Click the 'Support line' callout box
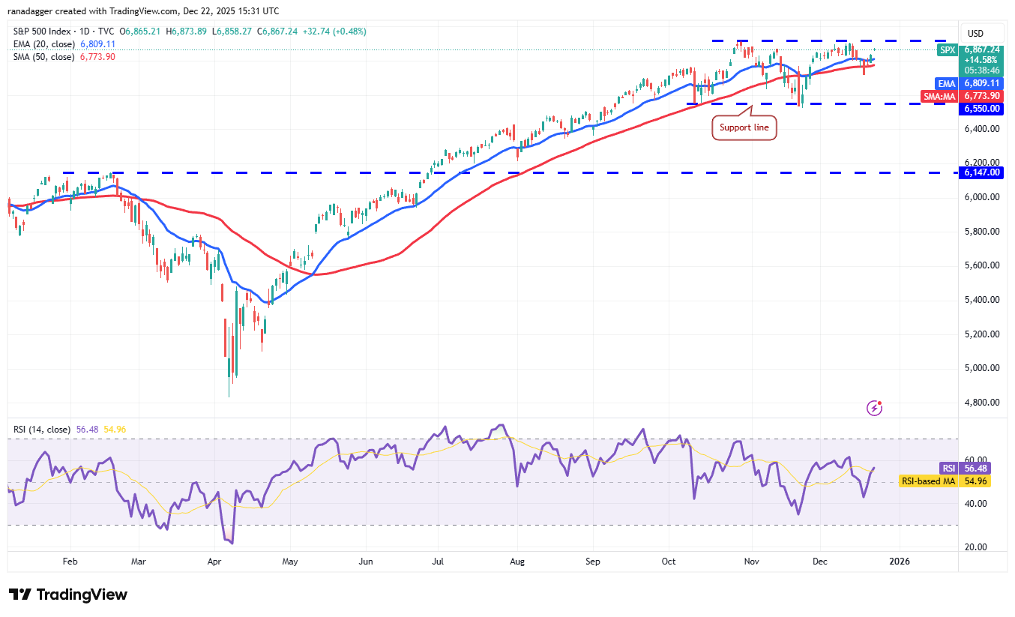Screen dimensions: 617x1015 click(744, 127)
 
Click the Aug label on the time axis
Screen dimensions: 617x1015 click(516, 561)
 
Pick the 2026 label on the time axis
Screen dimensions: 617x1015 click(899, 561)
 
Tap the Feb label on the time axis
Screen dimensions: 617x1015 click(70, 561)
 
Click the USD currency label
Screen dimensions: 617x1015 click(975, 34)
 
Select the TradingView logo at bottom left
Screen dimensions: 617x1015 click(68, 595)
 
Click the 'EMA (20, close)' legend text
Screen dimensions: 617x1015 click(43, 44)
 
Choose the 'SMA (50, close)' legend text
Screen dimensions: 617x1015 click(43, 57)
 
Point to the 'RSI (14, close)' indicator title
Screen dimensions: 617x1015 click(42, 430)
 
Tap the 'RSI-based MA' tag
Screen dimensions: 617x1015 click(928, 481)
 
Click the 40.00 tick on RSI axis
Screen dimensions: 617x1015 click(976, 504)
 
